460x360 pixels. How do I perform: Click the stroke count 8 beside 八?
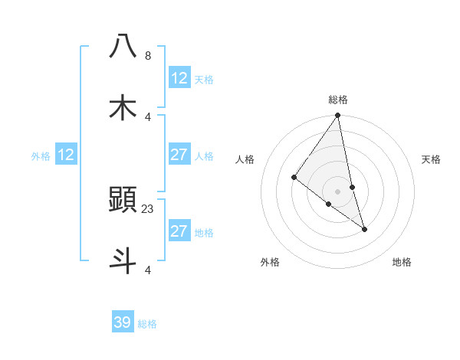(147, 56)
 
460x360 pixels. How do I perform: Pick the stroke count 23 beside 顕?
(149, 208)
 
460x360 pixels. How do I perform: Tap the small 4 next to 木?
(147, 116)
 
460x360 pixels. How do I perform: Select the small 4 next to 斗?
(147, 270)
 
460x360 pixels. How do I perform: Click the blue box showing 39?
(123, 322)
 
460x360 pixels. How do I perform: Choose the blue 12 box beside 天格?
(179, 78)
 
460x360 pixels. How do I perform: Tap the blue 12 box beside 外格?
(66, 155)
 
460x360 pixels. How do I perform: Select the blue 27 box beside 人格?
(179, 155)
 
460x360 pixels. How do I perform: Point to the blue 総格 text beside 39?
(147, 324)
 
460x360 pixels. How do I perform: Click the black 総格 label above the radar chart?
(338, 100)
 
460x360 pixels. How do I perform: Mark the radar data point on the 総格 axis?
(338, 116)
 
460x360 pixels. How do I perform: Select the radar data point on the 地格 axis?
(364, 229)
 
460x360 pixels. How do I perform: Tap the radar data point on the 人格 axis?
(294, 178)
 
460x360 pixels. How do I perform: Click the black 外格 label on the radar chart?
(270, 262)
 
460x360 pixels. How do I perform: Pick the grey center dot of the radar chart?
(338, 191)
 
